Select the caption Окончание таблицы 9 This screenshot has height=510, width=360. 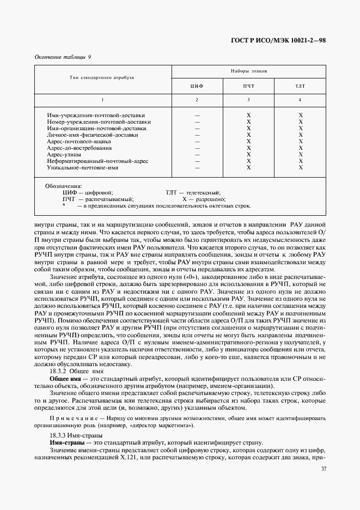click(63, 57)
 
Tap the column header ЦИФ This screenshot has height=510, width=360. click(197, 86)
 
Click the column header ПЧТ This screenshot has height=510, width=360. click(248, 86)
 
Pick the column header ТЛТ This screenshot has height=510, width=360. click(300, 86)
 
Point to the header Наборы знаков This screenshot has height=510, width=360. click(248, 71)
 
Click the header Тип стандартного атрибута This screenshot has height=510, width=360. click(102, 78)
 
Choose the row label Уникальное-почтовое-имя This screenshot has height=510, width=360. click(83, 168)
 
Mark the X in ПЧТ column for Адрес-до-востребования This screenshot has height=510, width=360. click(248, 148)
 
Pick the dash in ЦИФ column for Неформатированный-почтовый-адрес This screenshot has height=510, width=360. click(197, 161)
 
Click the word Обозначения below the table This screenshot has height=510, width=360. click(63, 186)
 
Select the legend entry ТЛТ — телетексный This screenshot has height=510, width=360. click(193, 193)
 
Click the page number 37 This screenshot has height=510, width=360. click(324, 469)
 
